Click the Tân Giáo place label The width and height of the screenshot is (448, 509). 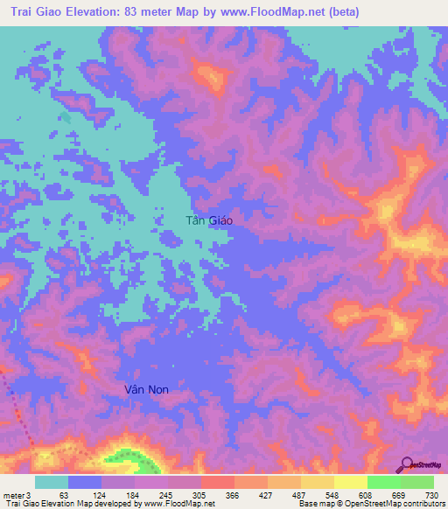pyautogui.click(x=209, y=221)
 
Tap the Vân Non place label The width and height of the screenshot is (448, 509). pyautogui.click(x=143, y=387)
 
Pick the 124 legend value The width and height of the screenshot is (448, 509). pyautogui.click(x=101, y=494)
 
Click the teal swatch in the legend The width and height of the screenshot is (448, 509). pyautogui.click(x=52, y=482)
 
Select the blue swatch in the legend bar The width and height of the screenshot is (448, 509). pyautogui.click(x=85, y=482)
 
